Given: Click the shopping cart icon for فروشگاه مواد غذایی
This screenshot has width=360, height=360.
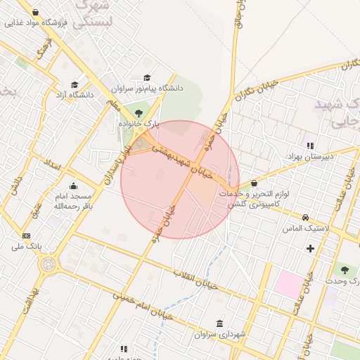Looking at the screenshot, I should (x=35, y=12).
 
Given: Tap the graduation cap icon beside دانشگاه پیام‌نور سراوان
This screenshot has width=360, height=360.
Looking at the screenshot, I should (x=147, y=77).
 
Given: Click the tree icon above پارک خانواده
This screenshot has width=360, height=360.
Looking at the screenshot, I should (x=138, y=112).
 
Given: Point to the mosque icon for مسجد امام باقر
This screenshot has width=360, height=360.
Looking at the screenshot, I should (x=74, y=186).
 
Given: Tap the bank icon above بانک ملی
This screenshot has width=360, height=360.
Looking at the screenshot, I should (x=27, y=236).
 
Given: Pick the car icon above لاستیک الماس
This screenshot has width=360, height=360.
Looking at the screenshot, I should (x=306, y=217).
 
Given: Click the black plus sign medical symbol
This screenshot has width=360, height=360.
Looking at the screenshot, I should (x=310, y=248).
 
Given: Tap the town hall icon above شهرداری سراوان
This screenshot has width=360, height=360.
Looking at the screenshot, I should (x=221, y=323).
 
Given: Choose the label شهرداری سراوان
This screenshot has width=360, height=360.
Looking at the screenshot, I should (x=221, y=335).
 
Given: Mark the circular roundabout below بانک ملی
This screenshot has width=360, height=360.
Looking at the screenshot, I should (x=49, y=264).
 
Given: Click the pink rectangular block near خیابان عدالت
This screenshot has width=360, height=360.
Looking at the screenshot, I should (x=287, y=283).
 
